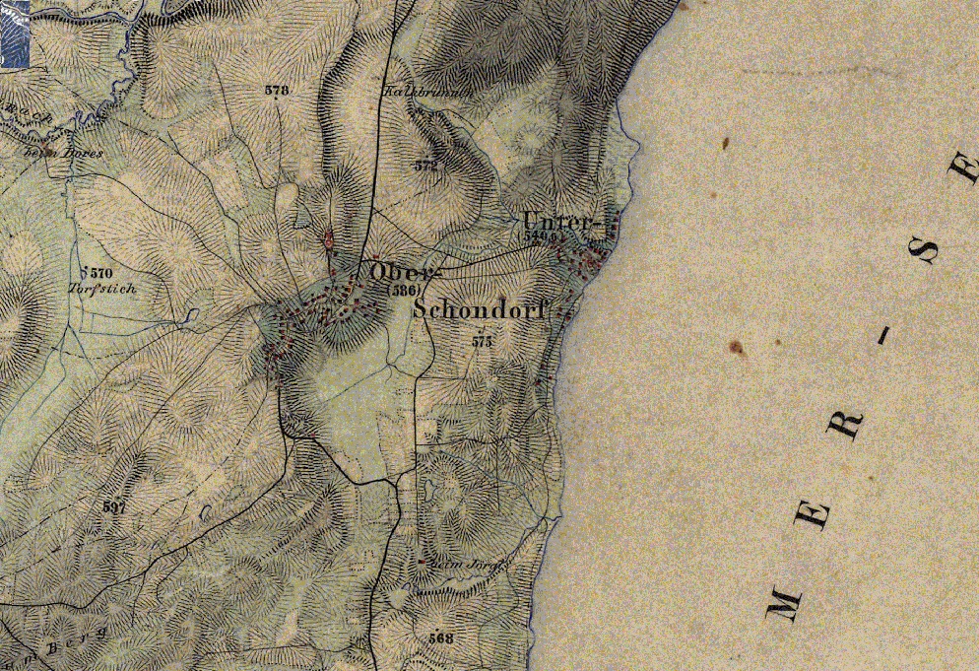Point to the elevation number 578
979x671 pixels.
click(x=277, y=91)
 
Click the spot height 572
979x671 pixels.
click(x=425, y=167)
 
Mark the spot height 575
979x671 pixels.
click(x=482, y=342)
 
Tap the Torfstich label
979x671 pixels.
click(x=102, y=290)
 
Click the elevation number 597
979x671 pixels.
click(x=115, y=506)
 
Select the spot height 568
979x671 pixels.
click(x=441, y=638)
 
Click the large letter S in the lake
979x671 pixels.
click(x=927, y=253)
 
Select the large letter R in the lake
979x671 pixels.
click(x=846, y=427)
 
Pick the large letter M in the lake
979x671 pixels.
click(x=784, y=598)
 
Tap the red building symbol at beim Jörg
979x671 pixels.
click(x=421, y=562)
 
